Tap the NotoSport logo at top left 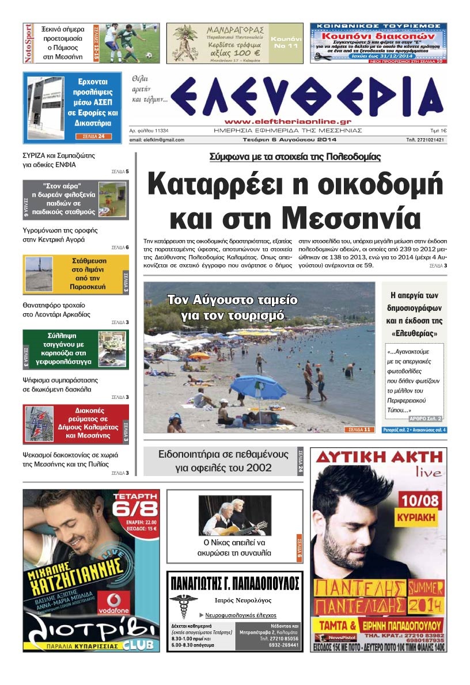click(28, 43)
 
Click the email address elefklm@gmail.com click(157, 140)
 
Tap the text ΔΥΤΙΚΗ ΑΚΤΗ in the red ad click(378, 459)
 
